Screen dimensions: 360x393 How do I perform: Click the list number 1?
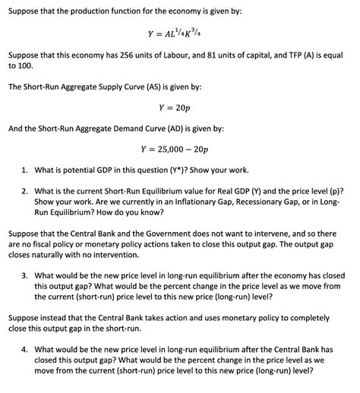pyautogui.click(x=27, y=169)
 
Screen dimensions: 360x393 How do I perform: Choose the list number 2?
pyautogui.click(x=27, y=190)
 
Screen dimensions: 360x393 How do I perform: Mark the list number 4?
pyautogui.click(x=27, y=349)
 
